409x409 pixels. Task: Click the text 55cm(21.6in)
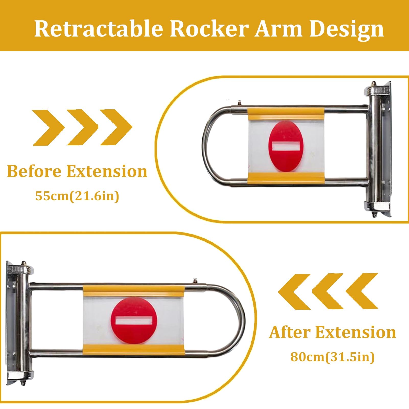pos(77,196)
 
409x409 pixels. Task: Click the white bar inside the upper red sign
pos(286,146)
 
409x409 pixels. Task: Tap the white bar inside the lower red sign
pos(134,320)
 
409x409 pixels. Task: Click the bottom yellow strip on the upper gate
pos(286,178)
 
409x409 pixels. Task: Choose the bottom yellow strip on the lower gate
pos(134,350)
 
